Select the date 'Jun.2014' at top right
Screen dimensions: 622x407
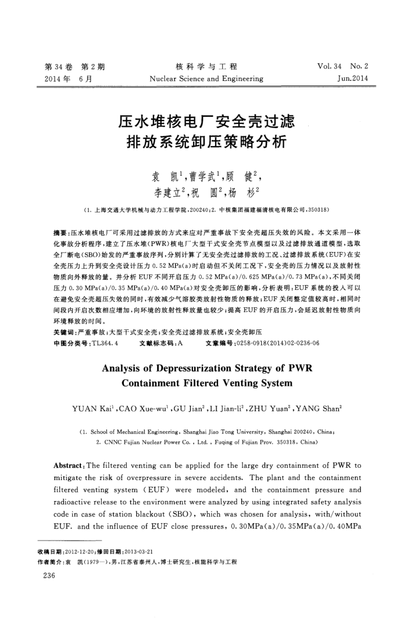click(x=352, y=78)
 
